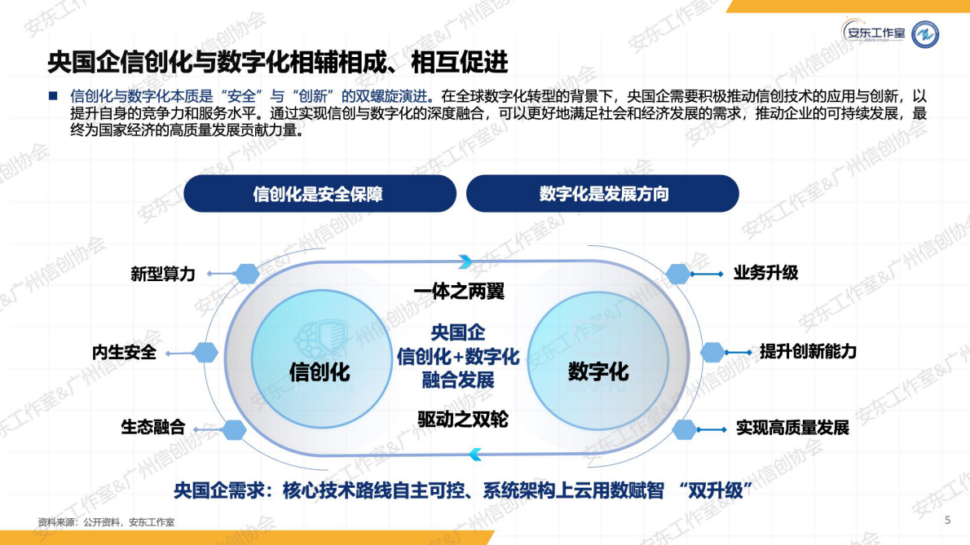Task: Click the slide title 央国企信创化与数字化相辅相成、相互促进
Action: [x=277, y=61]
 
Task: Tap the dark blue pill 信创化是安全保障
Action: [x=320, y=194]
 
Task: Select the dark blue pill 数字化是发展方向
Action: [x=602, y=194]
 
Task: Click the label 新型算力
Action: [x=163, y=274]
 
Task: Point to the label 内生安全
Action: [x=124, y=354]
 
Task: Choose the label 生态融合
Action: [x=153, y=427]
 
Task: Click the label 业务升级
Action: [x=765, y=273]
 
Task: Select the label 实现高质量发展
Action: [x=792, y=427]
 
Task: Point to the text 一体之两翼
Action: [x=459, y=292]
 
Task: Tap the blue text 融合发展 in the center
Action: [x=458, y=380]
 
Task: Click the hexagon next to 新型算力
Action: [x=246, y=274]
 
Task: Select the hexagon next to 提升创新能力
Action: [x=712, y=352]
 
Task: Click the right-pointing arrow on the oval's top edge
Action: [x=465, y=262]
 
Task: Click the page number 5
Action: [x=947, y=520]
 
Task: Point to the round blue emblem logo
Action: [x=924, y=34]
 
